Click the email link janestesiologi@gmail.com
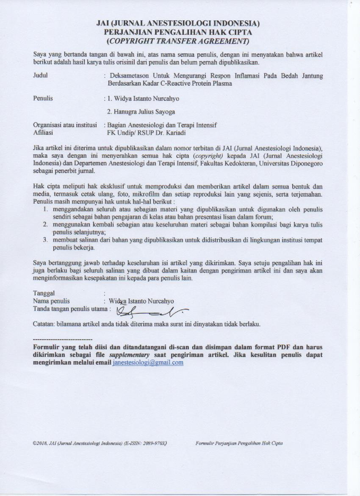point(148,363)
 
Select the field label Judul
point(40,76)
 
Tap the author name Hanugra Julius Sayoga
point(141,112)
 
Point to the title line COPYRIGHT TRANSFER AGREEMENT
point(178,41)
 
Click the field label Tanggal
point(44,293)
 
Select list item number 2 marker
point(44,224)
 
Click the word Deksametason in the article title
point(127,76)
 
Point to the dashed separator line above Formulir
point(62,340)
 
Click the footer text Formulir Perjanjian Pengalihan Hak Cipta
point(239,443)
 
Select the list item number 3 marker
point(44,240)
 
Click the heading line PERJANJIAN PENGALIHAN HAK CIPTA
point(178,32)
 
